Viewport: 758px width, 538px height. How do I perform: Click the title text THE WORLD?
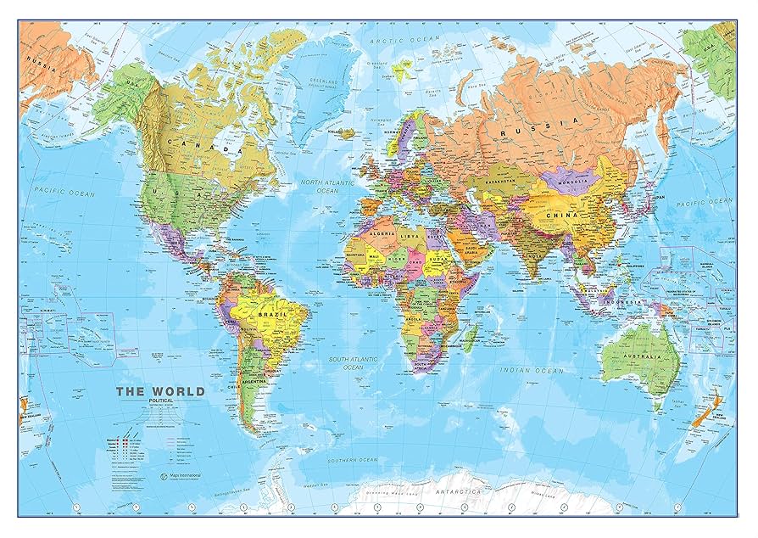(159, 391)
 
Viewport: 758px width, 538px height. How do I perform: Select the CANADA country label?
(202, 146)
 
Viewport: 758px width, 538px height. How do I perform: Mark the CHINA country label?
(566, 215)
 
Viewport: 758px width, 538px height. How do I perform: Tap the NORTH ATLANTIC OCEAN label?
(315, 186)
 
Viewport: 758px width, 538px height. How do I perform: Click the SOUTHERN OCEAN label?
(354, 459)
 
